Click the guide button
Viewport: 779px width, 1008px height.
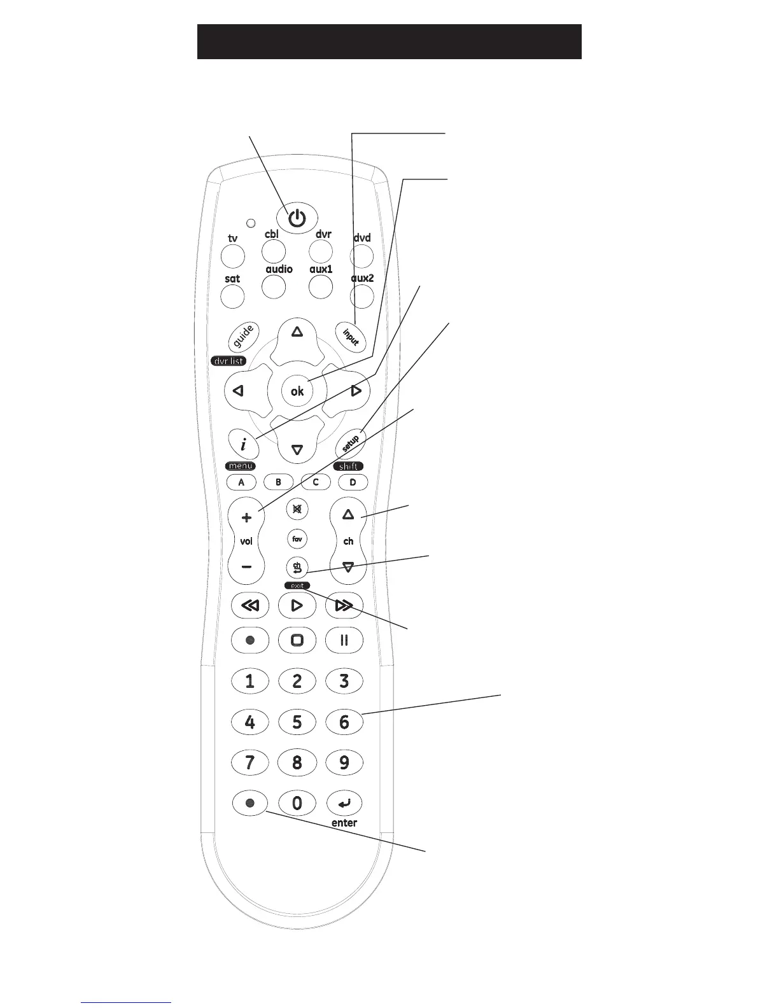click(244, 336)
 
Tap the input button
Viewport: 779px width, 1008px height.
click(351, 335)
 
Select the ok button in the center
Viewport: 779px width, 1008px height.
click(297, 391)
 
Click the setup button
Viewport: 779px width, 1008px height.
click(351, 443)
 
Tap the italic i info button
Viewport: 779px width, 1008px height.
click(244, 444)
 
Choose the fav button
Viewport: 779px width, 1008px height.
click(297, 539)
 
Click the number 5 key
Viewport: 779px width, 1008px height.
click(297, 722)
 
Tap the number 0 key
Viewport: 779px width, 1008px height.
click(297, 803)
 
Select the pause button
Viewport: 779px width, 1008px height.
click(344, 640)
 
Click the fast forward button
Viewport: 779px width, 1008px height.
click(344, 605)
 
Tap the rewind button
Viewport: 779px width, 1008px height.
click(249, 605)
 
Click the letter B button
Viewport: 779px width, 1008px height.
click(278, 482)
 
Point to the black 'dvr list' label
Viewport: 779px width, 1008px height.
click(228, 361)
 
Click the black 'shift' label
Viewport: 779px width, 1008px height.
click(348, 466)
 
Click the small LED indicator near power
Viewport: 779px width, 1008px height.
click(251, 223)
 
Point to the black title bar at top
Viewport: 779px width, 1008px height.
click(389, 42)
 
